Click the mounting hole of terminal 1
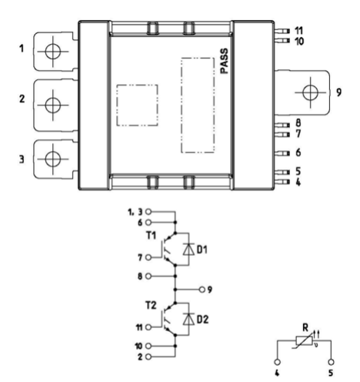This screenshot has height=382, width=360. [53, 52]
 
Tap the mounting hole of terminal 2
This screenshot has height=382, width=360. [53, 105]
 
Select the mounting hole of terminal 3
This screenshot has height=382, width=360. [53, 159]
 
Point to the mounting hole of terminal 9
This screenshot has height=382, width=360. [311, 92]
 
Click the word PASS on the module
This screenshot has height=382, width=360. [224, 61]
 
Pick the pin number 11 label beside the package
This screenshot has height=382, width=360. [298, 31]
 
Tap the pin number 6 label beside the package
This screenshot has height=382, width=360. [298, 152]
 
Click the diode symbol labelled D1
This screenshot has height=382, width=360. [188, 249]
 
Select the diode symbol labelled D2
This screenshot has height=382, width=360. [188, 319]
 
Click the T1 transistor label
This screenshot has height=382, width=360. [151, 236]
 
